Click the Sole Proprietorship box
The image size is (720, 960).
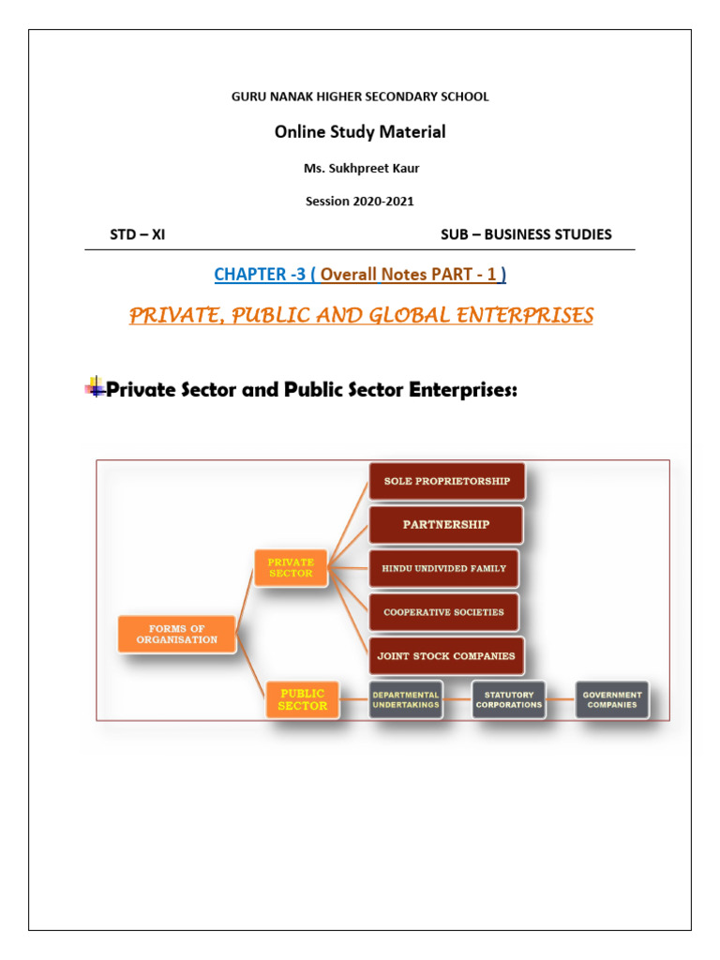coord(447,481)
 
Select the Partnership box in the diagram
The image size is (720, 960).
coord(445,525)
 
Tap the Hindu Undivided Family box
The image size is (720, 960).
coord(443,568)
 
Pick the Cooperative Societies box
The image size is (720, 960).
coord(443,612)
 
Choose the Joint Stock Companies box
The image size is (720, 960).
coord(445,656)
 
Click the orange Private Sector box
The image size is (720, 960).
coord(291,568)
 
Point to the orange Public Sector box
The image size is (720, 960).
coord(303,699)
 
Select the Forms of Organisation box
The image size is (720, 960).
coord(176,634)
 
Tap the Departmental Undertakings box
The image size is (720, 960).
coord(405,699)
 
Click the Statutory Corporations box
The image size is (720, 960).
coord(508,699)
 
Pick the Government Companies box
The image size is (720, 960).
coord(612,699)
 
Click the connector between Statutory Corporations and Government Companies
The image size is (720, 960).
coord(560,699)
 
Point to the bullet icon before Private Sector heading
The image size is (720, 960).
coord(95,387)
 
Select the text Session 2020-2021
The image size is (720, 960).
coord(360,201)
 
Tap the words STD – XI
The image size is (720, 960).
coord(137,234)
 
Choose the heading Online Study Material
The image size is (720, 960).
coord(360,132)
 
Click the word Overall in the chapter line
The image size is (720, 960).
coord(349,275)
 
